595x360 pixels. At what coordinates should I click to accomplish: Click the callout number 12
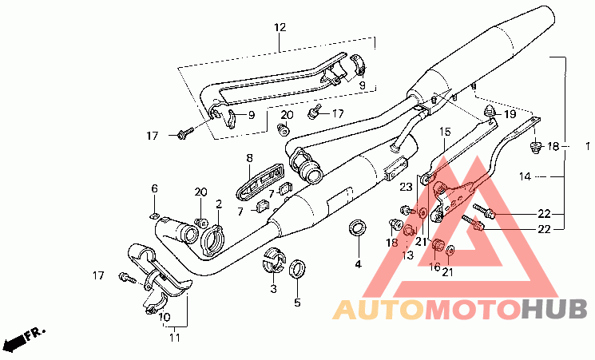pyautogui.click(x=280, y=28)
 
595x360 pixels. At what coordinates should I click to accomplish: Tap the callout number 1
pyautogui.click(x=588, y=146)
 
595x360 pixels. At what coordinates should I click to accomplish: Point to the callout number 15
pyautogui.click(x=445, y=132)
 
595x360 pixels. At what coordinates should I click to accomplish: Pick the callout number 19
pyautogui.click(x=509, y=115)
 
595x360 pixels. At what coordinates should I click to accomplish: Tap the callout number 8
pyautogui.click(x=249, y=158)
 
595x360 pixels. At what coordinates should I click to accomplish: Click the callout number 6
pyautogui.click(x=154, y=188)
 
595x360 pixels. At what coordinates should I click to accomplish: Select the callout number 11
pyautogui.click(x=174, y=338)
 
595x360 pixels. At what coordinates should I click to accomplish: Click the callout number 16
pyautogui.click(x=435, y=268)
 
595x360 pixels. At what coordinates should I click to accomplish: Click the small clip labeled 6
pyautogui.click(x=155, y=214)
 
